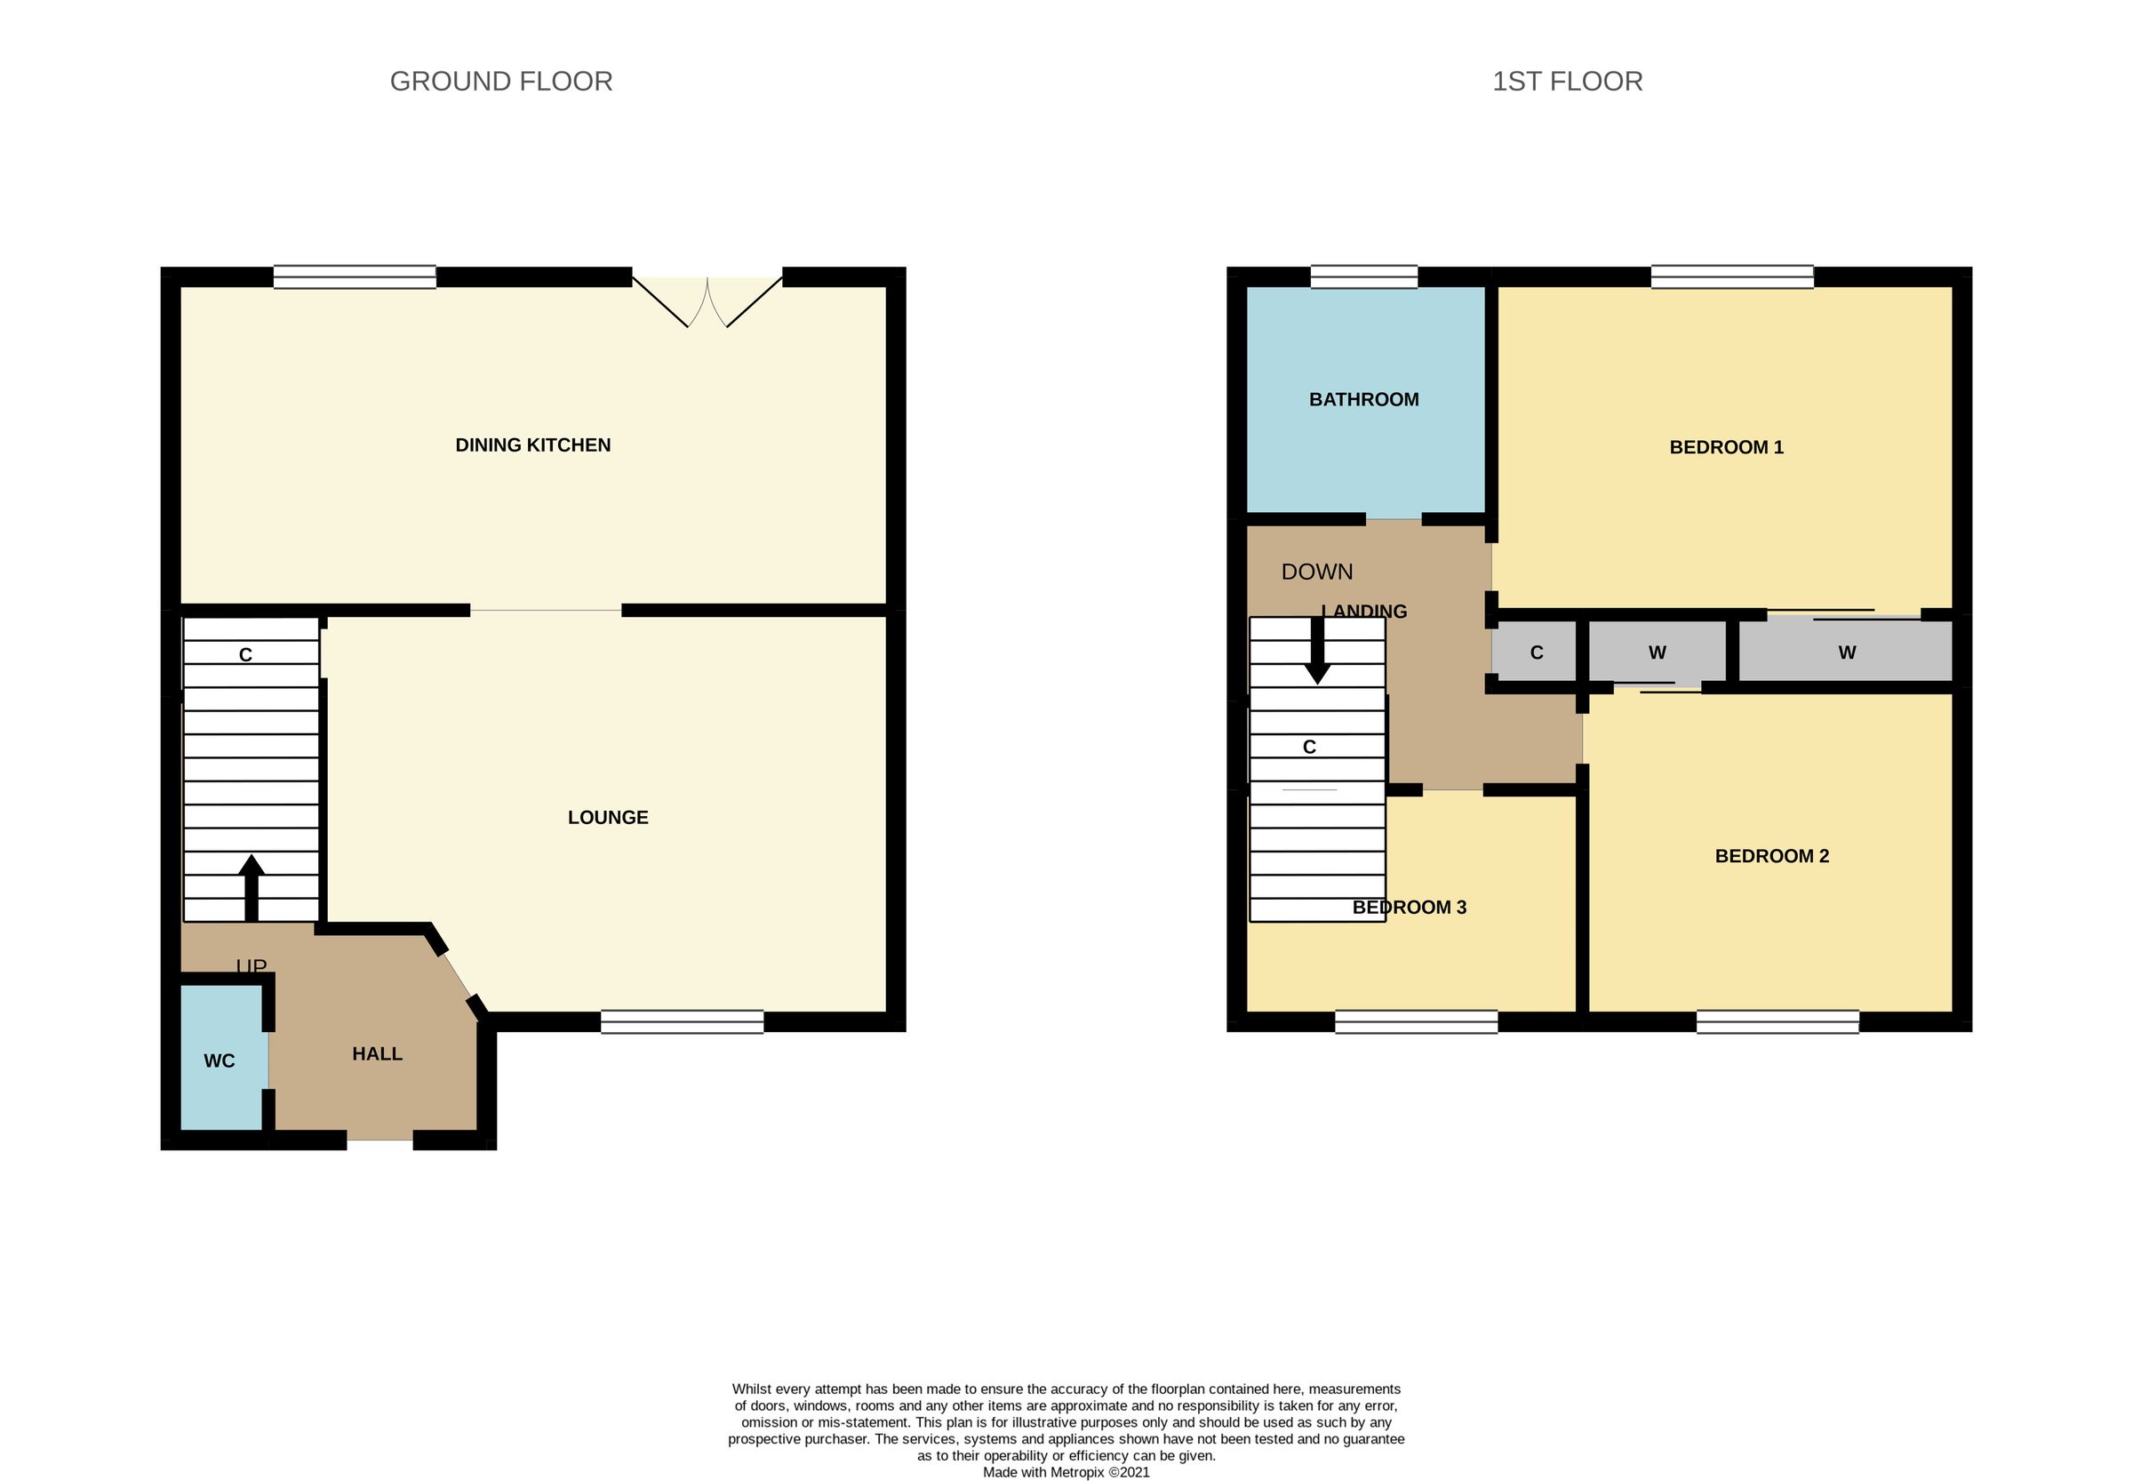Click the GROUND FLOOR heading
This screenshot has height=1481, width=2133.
pyautogui.click(x=501, y=82)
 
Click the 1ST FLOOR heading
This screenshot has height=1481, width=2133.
pyautogui.click(x=1566, y=82)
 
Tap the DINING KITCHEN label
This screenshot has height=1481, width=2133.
pyautogui.click(x=532, y=445)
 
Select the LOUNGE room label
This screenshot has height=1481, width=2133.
pyautogui.click(x=608, y=818)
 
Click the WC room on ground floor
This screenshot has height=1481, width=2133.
pyautogui.click(x=220, y=1061)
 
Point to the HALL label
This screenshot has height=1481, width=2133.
pyautogui.click(x=377, y=1054)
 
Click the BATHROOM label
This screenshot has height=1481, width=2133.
pyautogui.click(x=1363, y=400)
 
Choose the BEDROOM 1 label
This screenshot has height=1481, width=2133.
pyautogui.click(x=1726, y=447)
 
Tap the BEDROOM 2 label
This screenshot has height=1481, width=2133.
pyautogui.click(x=1771, y=856)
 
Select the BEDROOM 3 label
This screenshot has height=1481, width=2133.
pyautogui.click(x=1409, y=908)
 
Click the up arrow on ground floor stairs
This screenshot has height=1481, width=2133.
pyautogui.click(x=252, y=886)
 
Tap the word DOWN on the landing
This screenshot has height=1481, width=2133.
pyautogui.click(x=1316, y=572)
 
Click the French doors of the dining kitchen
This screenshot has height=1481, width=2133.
pyautogui.click(x=707, y=301)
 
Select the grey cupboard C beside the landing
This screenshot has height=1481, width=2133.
pyautogui.click(x=1536, y=652)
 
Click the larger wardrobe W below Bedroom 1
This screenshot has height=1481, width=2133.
pyautogui.click(x=1845, y=652)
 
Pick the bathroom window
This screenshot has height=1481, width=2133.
pyautogui.click(x=1363, y=276)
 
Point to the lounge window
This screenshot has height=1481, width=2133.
pyautogui.click(x=682, y=1021)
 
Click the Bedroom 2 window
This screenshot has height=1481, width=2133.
pyautogui.click(x=1777, y=1021)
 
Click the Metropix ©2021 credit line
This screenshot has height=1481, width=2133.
pyautogui.click(x=1066, y=1472)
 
